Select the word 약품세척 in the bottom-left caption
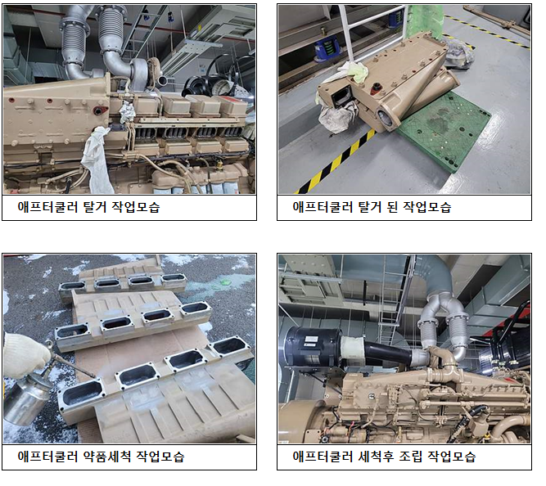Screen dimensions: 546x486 coord(107,456)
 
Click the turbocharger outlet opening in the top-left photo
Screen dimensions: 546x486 coord(163,81)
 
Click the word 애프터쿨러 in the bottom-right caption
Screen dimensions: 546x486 coord(323,456)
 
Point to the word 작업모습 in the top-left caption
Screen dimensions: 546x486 coord(136,207)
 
